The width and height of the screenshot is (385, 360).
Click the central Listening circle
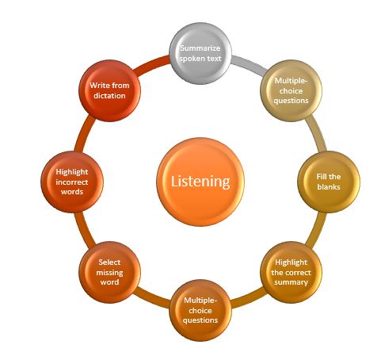200,182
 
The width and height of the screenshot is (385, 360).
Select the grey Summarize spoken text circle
200,53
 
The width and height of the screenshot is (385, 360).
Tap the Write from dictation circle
109,90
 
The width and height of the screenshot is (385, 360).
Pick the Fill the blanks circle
329,182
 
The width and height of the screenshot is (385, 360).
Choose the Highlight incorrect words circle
72,182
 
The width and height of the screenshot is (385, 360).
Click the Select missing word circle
109,272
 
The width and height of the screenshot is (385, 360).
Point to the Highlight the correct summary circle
291,272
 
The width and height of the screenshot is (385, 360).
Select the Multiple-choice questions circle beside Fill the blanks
291,90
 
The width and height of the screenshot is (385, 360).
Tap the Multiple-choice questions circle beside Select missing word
200,310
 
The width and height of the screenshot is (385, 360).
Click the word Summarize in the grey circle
200,48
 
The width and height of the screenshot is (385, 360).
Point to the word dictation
109,95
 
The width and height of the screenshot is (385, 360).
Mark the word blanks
329,187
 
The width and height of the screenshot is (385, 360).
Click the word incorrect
72,182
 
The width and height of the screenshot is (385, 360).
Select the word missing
109,273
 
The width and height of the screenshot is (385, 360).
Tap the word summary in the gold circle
291,282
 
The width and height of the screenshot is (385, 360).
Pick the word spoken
191,59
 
